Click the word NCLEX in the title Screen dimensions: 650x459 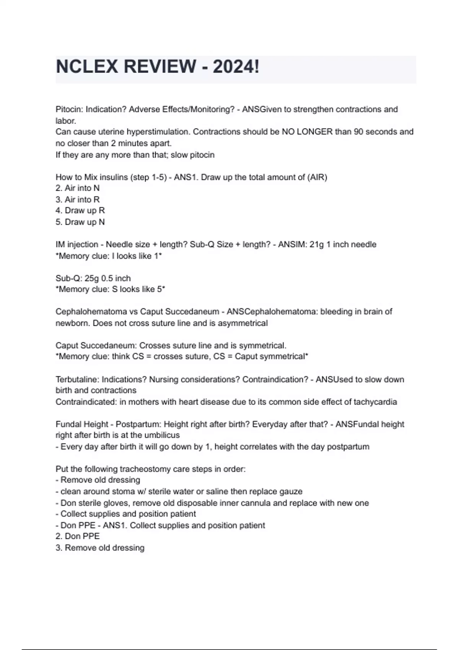[87, 67]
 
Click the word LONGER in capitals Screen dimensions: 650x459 [315, 132]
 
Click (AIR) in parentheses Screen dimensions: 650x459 [317, 177]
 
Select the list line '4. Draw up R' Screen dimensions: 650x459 [80, 211]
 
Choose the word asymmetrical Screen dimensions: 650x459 [243, 323]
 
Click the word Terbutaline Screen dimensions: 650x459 [77, 380]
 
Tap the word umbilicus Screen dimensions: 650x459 [162, 435]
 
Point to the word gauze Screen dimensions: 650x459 [291, 492]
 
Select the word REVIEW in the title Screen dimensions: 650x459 [160, 67]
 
